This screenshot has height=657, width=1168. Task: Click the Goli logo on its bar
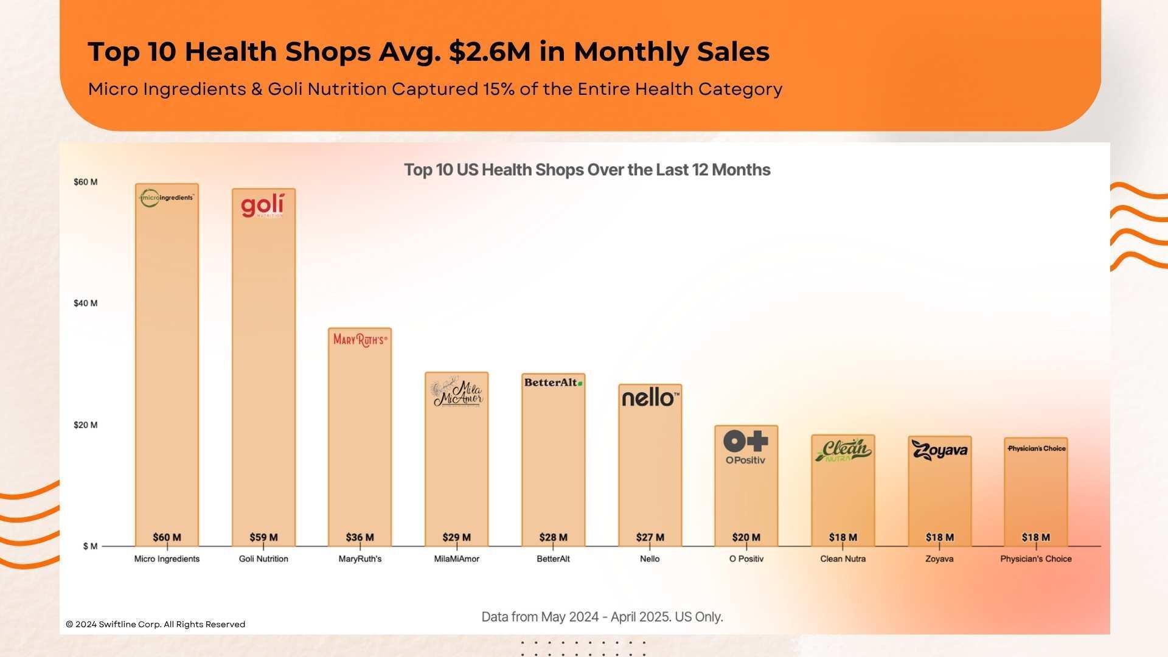point(262,206)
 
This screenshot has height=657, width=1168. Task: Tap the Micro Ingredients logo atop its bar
point(167,198)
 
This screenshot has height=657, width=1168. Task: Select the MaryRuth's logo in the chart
point(360,340)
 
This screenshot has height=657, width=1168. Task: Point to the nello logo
point(650,398)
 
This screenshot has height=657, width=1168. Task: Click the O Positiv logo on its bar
point(746,447)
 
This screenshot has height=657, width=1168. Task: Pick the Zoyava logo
point(939,450)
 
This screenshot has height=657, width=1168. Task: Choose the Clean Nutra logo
point(843,450)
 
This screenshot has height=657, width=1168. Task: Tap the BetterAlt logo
point(553,383)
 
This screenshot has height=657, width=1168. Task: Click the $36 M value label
point(360,537)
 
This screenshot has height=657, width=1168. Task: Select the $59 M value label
point(263,537)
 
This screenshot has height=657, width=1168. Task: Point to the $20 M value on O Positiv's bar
point(746,537)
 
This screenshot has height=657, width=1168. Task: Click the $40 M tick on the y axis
point(85,303)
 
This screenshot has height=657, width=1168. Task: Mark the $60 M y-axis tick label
point(85,182)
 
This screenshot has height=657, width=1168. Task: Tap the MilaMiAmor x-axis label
point(456,558)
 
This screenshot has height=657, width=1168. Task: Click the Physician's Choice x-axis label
point(1035,558)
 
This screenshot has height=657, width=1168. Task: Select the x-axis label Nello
point(650,558)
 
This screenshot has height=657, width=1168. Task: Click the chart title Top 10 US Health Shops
point(587,170)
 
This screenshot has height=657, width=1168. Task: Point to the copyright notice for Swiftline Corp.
point(155,624)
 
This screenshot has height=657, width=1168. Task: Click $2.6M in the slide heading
point(490,52)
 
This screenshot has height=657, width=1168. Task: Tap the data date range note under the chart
point(602,617)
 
